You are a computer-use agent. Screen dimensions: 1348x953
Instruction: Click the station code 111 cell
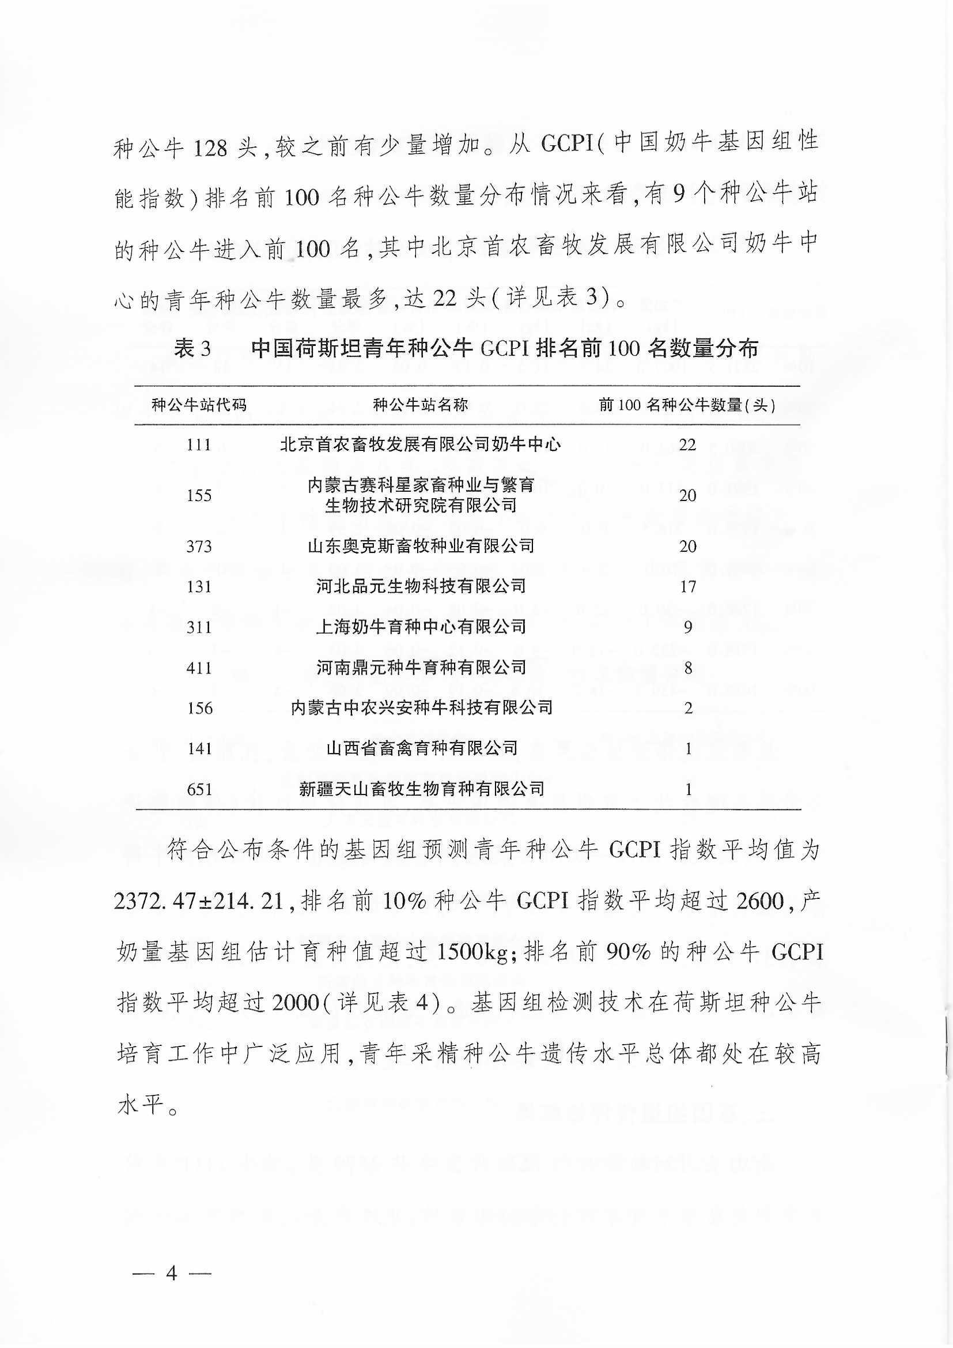tap(198, 445)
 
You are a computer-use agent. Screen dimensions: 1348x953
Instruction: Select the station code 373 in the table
tap(198, 547)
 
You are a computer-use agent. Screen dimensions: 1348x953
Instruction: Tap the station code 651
tap(198, 789)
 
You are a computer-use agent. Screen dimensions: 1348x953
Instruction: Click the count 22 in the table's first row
tap(687, 445)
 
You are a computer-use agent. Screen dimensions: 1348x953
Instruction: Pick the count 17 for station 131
tap(687, 586)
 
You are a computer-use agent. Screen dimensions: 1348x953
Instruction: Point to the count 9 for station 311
tap(688, 628)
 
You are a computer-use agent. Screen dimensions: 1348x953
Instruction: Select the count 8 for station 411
tap(688, 668)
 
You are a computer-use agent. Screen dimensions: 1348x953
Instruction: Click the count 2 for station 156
tap(688, 708)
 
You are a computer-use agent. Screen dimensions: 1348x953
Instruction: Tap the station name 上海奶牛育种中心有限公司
tap(421, 627)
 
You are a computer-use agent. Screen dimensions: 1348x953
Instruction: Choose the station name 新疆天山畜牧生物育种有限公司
tap(421, 789)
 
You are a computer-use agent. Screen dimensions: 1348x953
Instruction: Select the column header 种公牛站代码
tap(199, 405)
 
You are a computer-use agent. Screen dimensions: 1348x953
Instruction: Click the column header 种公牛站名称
tap(420, 405)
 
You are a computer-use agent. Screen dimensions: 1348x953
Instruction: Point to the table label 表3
tap(192, 349)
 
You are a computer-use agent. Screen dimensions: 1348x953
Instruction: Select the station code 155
tap(198, 495)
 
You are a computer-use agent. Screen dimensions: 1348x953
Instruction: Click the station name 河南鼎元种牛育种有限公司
tap(421, 668)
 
